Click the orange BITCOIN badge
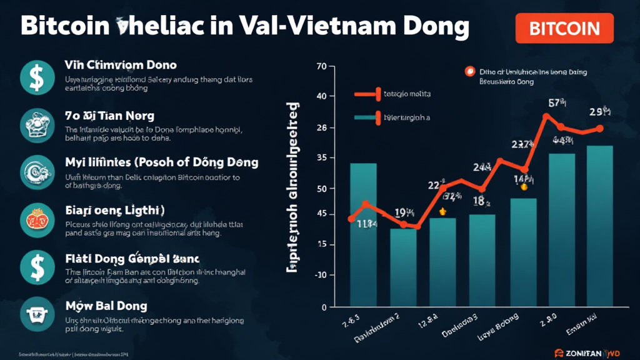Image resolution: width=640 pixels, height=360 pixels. pos(564,28)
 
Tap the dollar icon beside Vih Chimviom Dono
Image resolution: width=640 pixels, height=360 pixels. pos(32,77)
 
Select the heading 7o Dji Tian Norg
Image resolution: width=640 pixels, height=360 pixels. pos(109,116)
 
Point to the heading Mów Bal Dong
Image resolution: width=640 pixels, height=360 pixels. pos(106,306)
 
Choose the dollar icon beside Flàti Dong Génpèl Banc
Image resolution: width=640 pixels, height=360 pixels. pos(32,266)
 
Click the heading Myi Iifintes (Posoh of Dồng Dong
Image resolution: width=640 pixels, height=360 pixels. pos(161,162)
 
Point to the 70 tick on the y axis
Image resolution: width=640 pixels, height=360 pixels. pos(322,66)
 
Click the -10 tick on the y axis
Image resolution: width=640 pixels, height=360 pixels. pos(321,275)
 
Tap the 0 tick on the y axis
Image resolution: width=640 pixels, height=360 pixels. pos(323,307)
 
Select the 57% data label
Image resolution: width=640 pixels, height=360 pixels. pos(557,102)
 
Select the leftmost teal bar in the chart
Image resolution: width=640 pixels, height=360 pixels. pos(363,234)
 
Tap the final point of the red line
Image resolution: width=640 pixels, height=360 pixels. pos(600,128)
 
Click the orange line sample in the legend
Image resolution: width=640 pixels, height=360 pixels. pos(366,94)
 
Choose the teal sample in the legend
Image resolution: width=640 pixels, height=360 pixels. pos(366,117)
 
